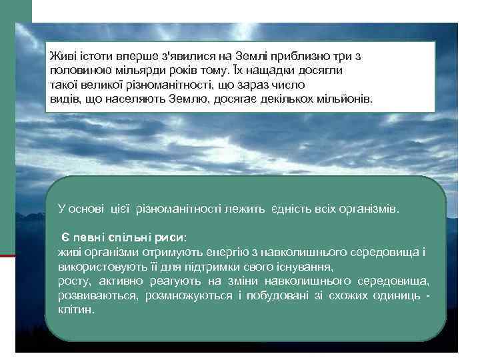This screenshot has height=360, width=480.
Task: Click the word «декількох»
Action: coord(284,99)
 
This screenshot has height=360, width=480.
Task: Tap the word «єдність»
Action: coord(293,209)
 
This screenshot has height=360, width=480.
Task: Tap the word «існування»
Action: coord(300,265)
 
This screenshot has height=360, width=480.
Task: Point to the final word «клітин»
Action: coord(75,309)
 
